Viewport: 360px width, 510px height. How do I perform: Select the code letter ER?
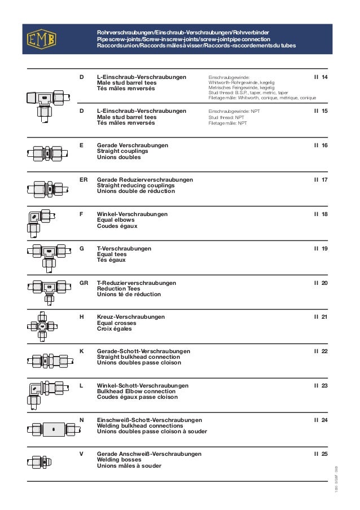pos(84,179)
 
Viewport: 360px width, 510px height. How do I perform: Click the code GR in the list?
pos(84,283)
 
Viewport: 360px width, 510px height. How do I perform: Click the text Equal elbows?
pos(118,220)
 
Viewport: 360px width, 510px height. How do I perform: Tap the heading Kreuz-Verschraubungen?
pos(131,317)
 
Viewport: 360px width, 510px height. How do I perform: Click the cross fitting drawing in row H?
pos(43,327)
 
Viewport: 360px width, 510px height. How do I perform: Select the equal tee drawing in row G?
pos(49,254)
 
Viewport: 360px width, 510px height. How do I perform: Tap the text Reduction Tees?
pos(119,288)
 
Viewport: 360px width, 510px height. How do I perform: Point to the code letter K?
pos(82,351)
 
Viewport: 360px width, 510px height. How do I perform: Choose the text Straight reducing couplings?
pos(136,185)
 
